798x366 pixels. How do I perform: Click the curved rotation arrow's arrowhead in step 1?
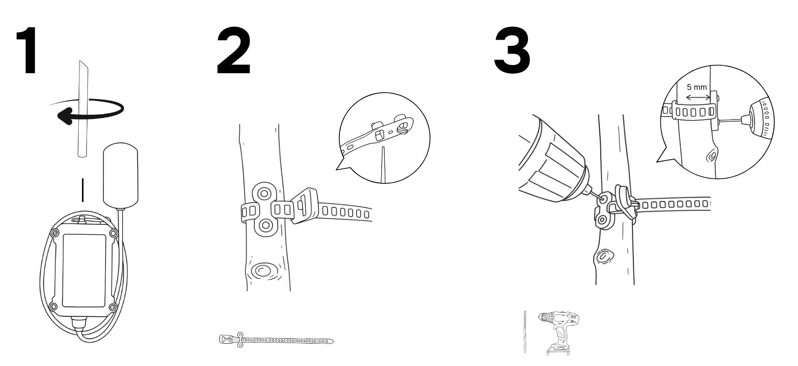65,117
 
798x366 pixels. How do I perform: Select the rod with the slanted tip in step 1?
83,109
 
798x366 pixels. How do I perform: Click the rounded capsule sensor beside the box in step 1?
121,174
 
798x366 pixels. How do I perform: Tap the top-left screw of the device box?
55,234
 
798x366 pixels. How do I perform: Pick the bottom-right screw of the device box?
113,307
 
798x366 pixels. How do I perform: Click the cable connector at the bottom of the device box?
79,324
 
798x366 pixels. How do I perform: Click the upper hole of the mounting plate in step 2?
264,194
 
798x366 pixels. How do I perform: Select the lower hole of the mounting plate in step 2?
265,225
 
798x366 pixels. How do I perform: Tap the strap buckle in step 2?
304,205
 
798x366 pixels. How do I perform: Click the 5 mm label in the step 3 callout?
697,87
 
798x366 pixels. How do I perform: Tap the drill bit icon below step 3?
525,332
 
